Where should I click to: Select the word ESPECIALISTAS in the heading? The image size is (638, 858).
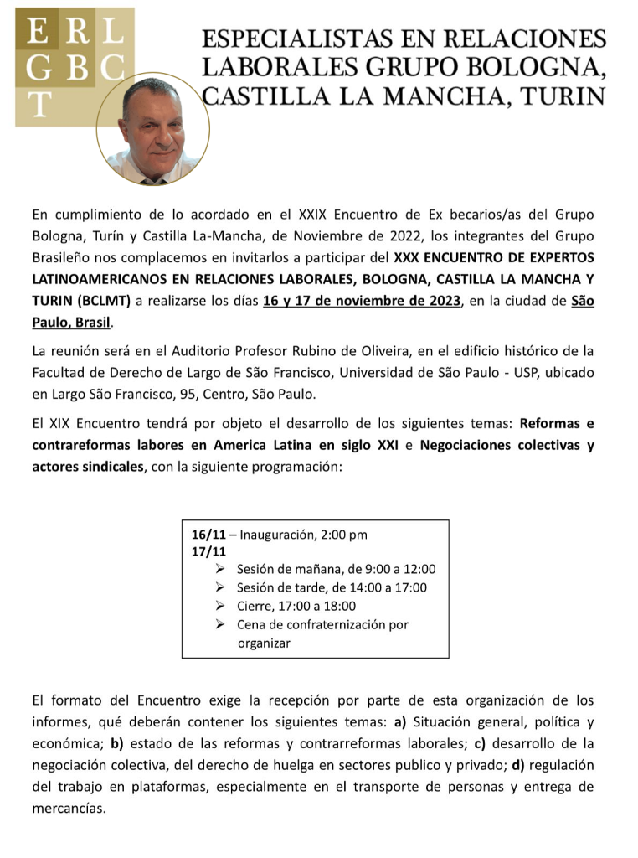click(285, 39)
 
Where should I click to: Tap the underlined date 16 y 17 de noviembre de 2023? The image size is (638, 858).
click(363, 302)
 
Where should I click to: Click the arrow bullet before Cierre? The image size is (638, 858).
click(220, 606)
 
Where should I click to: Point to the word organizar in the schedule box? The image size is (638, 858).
click(264, 643)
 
